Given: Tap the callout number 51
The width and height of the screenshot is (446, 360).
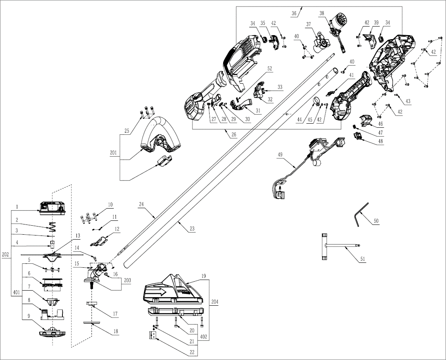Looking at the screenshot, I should click(362, 259).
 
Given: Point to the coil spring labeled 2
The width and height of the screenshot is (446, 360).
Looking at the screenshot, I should click(51, 228).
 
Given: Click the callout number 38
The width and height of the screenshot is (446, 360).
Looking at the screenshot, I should click(322, 13).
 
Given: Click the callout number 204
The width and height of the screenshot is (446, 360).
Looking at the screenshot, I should click(215, 303).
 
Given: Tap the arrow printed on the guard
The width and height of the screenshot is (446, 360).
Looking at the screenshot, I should click(162, 292).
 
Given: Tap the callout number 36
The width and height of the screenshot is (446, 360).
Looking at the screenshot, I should click(294, 13).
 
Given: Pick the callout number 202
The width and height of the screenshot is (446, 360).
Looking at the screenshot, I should click(5, 254).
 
